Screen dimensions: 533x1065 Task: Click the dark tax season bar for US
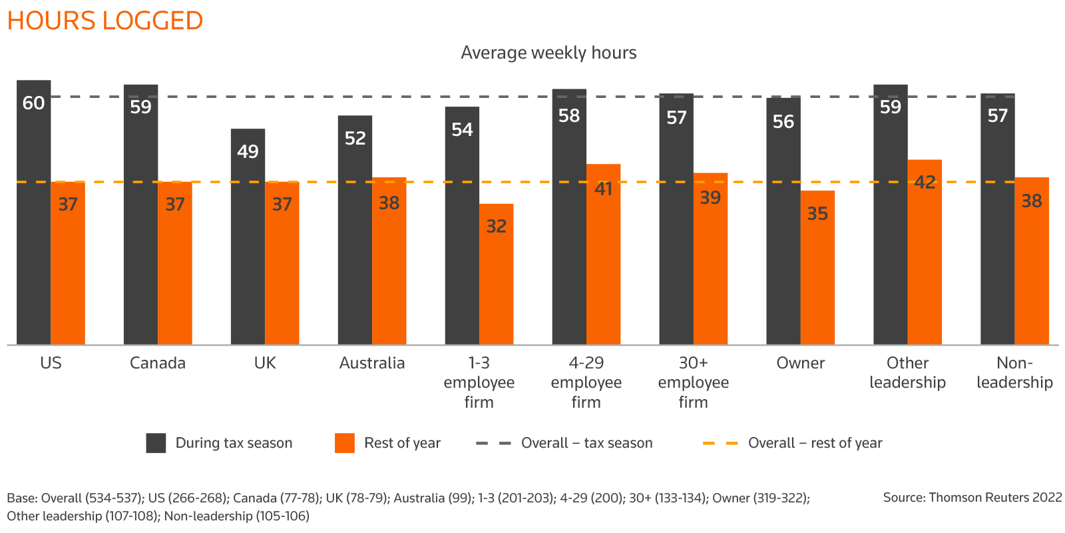pos(34,220)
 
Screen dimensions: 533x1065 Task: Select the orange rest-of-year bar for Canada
pos(175,266)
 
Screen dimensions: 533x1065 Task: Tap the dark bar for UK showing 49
pos(248,247)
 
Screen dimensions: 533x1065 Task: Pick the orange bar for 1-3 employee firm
pos(497,280)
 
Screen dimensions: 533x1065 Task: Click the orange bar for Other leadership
pos(925,260)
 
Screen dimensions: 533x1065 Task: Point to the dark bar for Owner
pos(783,227)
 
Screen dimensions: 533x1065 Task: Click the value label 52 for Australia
pos(355,138)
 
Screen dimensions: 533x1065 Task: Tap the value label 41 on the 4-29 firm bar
pos(604,189)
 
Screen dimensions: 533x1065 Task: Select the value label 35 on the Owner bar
pos(817,214)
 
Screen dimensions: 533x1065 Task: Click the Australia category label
pos(372,363)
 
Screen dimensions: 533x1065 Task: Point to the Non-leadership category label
pos(1014,372)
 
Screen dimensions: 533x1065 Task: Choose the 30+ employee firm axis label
pos(693,382)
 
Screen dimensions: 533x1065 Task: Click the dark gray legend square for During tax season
pos(156,443)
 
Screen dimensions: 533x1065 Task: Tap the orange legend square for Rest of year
pos(345,443)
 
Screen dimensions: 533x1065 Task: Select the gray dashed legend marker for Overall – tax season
pos(494,443)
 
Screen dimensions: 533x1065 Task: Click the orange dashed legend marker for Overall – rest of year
pos(721,443)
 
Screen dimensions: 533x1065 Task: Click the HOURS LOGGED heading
pos(105,21)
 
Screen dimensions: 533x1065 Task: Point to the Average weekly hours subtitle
pos(548,53)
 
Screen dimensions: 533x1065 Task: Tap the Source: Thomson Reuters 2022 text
pos(972,498)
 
